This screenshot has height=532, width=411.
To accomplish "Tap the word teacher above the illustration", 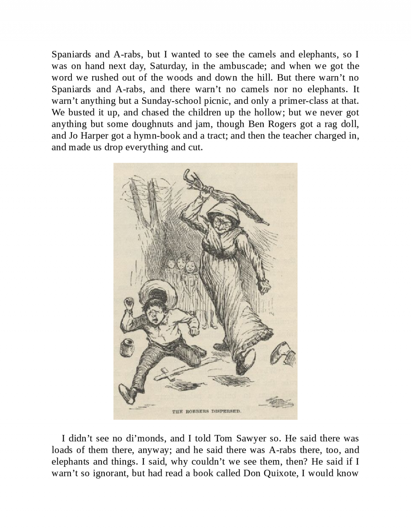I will tap(297, 136).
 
